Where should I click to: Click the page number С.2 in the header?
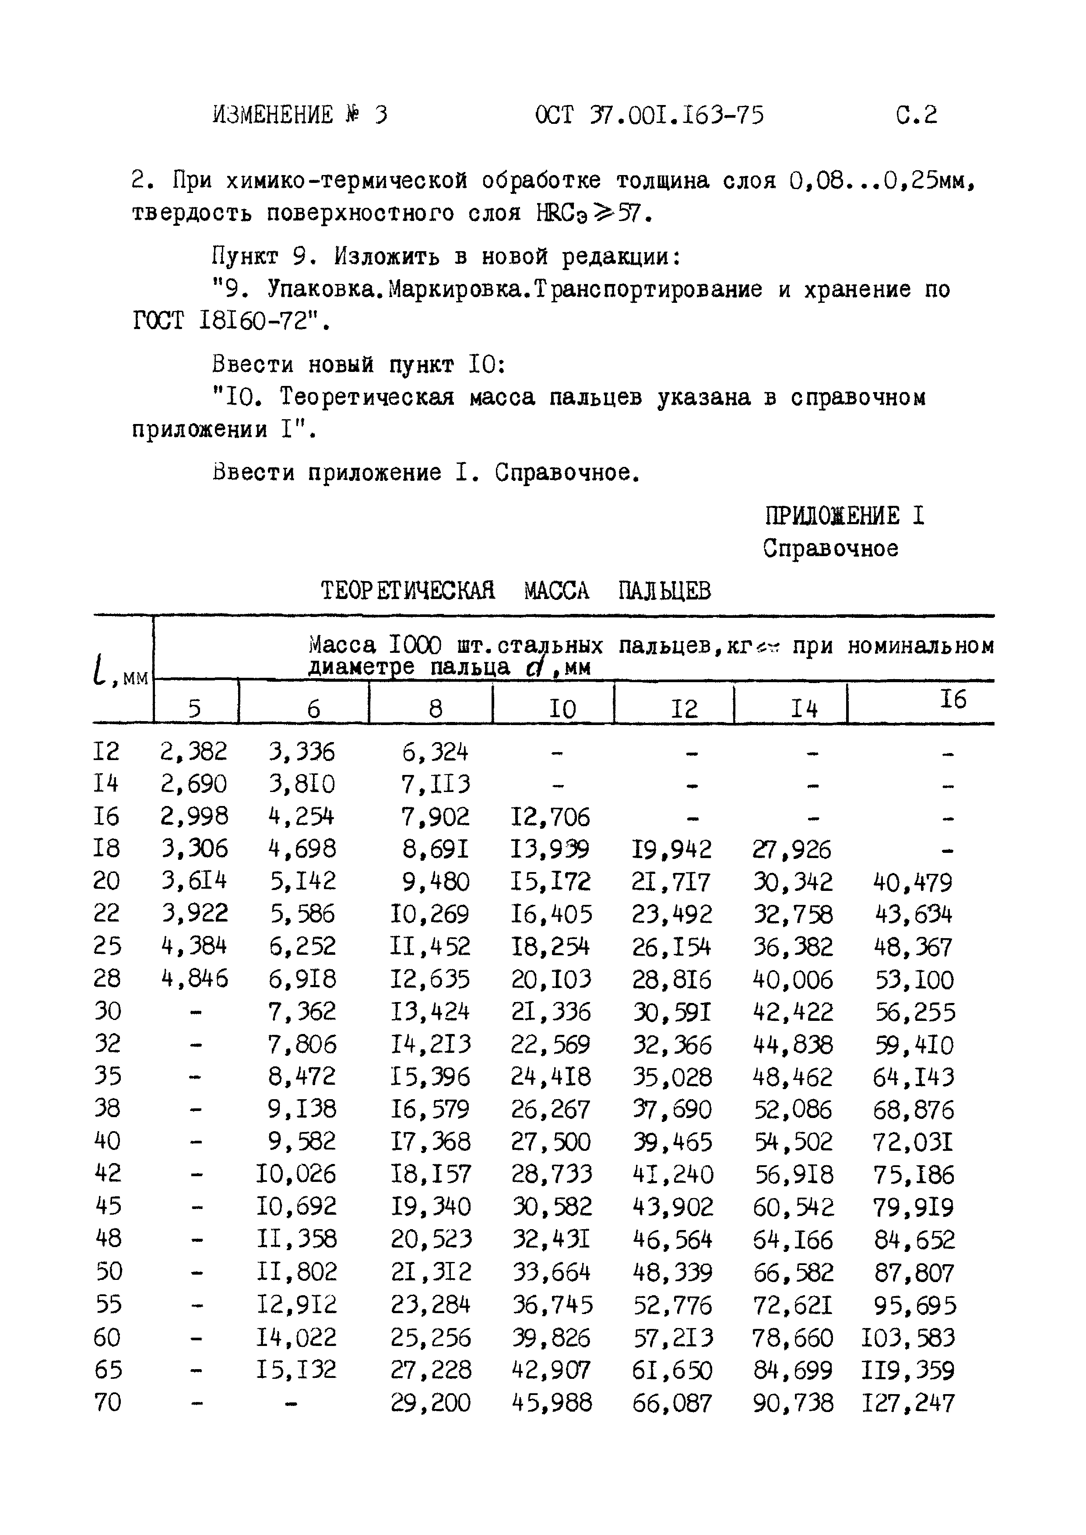tap(916, 116)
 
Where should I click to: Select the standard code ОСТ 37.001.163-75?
tap(649, 116)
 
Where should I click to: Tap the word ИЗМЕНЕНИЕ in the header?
tap(273, 116)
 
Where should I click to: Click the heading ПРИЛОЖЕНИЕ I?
tap(844, 516)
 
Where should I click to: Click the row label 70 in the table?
tap(108, 1402)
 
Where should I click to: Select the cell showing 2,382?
tap(194, 752)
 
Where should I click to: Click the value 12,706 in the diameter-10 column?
tap(550, 817)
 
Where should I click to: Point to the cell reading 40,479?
tap(913, 883)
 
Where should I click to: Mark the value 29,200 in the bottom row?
tap(431, 1402)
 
